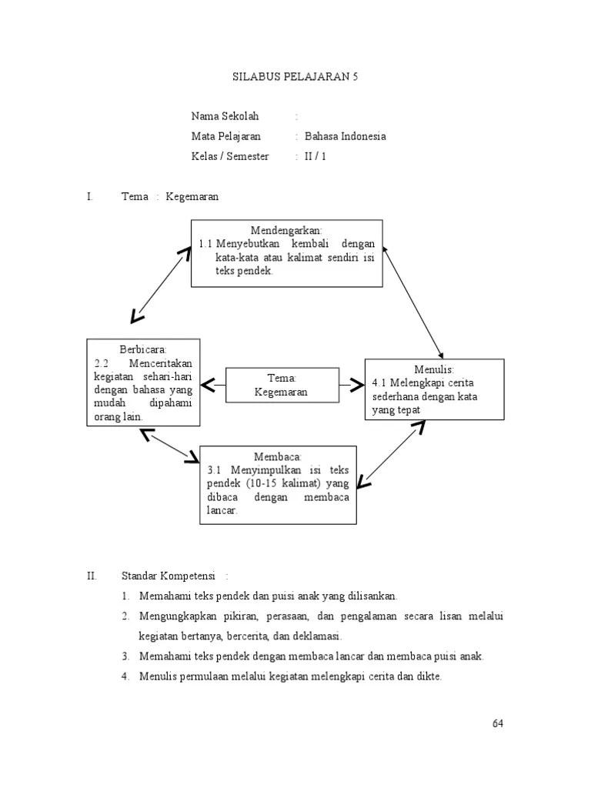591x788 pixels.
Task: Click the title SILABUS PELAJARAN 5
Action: point(295,77)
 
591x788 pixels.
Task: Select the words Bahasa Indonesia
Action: point(346,136)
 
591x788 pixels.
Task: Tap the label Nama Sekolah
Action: point(225,116)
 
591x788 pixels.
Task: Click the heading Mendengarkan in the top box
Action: point(286,230)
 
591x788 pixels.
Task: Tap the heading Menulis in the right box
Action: point(434,369)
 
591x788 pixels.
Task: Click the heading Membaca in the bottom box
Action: point(278,456)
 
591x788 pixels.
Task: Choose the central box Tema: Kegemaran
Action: point(282,385)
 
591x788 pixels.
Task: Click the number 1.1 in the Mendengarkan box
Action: point(205,243)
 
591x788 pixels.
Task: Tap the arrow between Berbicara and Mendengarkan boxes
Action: point(160,285)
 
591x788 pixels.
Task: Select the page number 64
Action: point(496,724)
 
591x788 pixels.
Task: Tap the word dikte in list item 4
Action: point(427,676)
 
